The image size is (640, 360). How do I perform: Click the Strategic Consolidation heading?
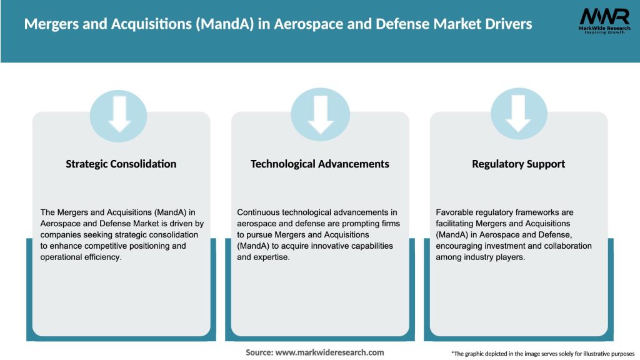pyautogui.click(x=121, y=164)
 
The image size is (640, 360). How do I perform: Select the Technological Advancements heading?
pyautogui.click(x=319, y=164)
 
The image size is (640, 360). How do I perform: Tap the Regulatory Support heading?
pyautogui.click(x=518, y=164)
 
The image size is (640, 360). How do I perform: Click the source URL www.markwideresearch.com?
pyautogui.click(x=329, y=352)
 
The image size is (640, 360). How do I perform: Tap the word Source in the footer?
pyautogui.click(x=259, y=352)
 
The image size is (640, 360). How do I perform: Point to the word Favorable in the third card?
pyautogui.click(x=454, y=212)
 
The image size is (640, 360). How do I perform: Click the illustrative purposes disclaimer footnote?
pyautogui.click(x=542, y=354)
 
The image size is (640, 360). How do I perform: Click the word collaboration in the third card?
pyautogui.click(x=562, y=246)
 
